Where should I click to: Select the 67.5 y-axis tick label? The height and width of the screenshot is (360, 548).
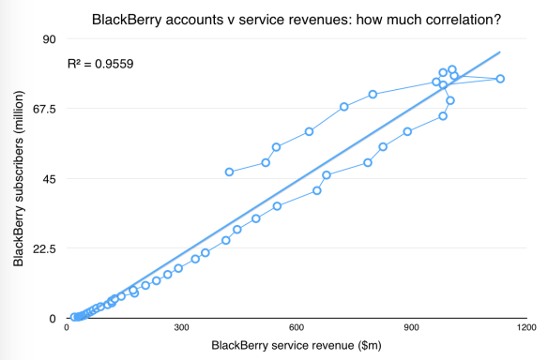(x=43, y=109)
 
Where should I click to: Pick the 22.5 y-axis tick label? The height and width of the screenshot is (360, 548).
(x=43, y=248)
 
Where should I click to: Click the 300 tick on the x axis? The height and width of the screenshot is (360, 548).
(x=181, y=329)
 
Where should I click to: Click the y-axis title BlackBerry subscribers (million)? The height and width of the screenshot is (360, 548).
(x=18, y=178)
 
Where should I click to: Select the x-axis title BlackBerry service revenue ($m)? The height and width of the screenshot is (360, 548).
(x=295, y=348)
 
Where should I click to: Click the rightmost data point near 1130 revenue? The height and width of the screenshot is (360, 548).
(x=500, y=79)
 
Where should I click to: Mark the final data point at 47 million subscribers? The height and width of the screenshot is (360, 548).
(x=229, y=172)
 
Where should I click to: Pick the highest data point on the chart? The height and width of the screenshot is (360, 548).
(x=451, y=69)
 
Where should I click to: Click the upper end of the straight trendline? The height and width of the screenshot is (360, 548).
(x=500, y=52)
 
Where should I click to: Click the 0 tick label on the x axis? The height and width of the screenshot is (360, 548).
(x=66, y=329)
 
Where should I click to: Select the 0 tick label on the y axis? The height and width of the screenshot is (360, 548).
(x=53, y=319)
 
